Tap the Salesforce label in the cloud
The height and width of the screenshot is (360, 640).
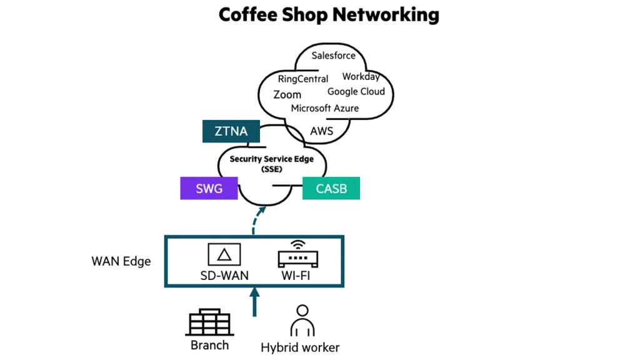click(333, 56)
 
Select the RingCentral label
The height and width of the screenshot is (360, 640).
click(303, 79)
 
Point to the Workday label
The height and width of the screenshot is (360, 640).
click(361, 77)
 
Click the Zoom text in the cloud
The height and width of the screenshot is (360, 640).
click(287, 94)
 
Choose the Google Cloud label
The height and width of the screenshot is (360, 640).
click(356, 92)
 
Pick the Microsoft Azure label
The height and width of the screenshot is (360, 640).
click(324, 108)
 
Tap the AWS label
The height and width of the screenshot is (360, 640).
click(321, 131)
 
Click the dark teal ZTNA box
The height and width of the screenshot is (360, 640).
click(231, 131)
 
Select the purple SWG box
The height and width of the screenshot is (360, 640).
click(209, 188)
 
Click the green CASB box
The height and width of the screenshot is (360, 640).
click(331, 188)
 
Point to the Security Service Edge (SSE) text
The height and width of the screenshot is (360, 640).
click(271, 163)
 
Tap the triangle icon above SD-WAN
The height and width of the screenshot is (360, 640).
click(223, 254)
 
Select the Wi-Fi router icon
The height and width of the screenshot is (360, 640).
click(298, 254)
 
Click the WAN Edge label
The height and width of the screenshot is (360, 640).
click(121, 261)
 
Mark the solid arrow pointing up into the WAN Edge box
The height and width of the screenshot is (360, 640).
click(254, 302)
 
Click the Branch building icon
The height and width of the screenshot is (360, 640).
click(209, 323)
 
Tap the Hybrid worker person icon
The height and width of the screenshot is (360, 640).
click(302, 321)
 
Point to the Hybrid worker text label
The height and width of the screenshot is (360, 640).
click(300, 347)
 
